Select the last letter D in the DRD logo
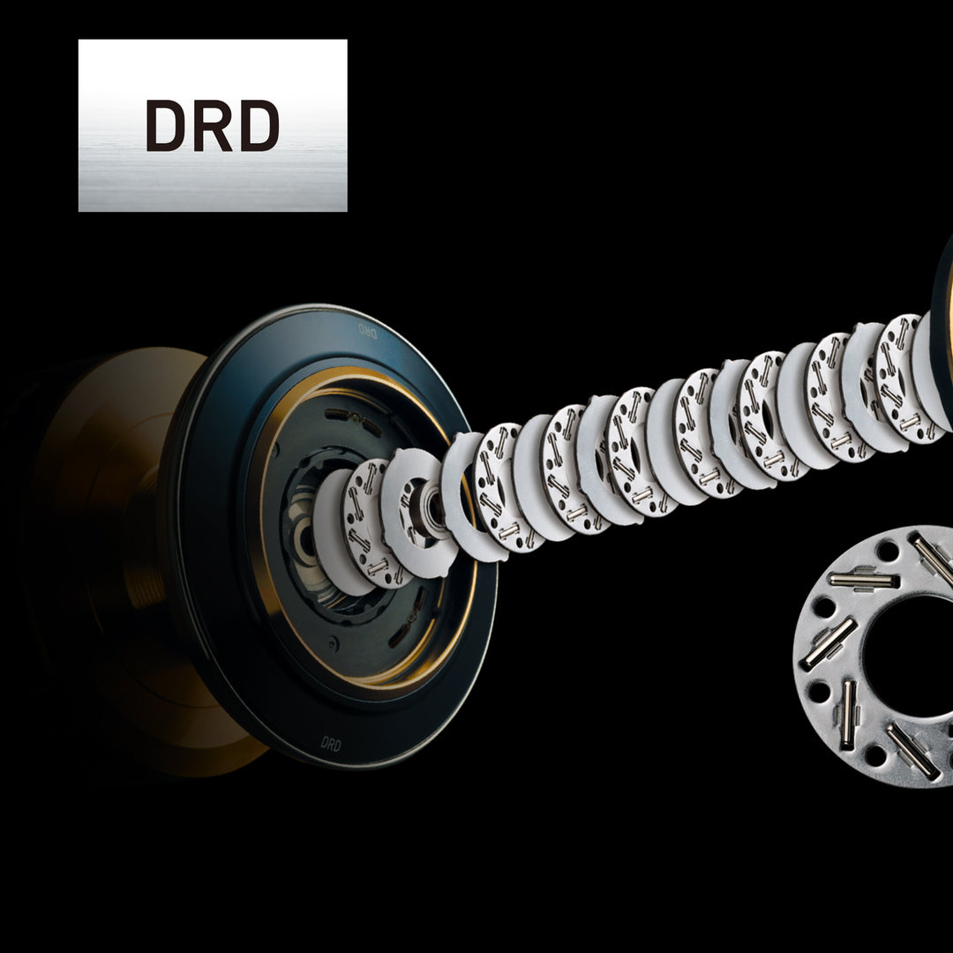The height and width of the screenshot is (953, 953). [x=259, y=125]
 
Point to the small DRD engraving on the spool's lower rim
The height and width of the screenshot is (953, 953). [x=331, y=744]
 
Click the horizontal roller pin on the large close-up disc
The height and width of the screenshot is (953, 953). [x=863, y=580]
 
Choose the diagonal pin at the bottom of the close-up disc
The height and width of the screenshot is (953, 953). [x=912, y=751]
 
